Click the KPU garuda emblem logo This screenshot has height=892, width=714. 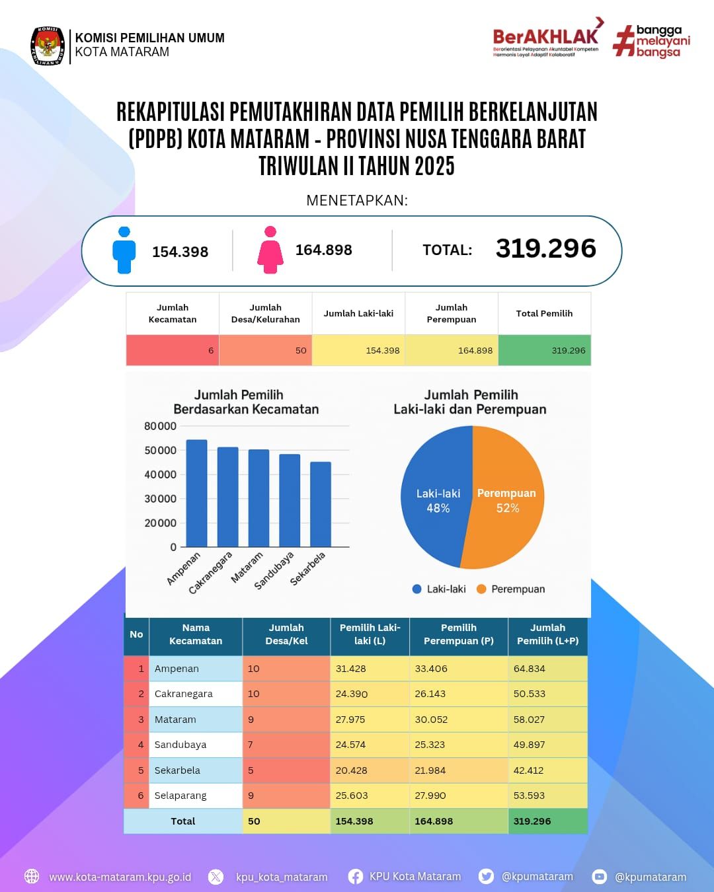(x=48, y=46)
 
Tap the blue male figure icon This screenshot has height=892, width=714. (x=124, y=250)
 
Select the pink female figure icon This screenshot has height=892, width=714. (x=270, y=250)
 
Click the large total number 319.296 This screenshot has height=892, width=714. (x=546, y=248)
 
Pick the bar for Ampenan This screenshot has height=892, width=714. (x=196, y=493)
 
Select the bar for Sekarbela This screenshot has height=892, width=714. (x=321, y=504)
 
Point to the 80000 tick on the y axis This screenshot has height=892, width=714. (x=160, y=426)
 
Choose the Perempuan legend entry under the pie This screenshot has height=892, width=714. (x=510, y=589)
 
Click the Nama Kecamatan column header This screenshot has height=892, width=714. (x=196, y=634)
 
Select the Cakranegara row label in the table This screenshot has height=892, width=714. (x=184, y=694)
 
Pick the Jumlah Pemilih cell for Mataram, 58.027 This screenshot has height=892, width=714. (x=530, y=720)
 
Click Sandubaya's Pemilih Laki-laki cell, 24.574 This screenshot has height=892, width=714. (x=350, y=745)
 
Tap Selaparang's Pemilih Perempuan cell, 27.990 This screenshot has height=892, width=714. (x=430, y=796)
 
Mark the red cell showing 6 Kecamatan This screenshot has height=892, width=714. (x=173, y=350)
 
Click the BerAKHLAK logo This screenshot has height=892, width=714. (x=546, y=40)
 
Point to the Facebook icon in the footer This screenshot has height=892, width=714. (x=355, y=877)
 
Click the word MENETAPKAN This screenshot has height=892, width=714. (x=357, y=200)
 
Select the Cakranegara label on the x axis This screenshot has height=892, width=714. (x=211, y=572)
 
